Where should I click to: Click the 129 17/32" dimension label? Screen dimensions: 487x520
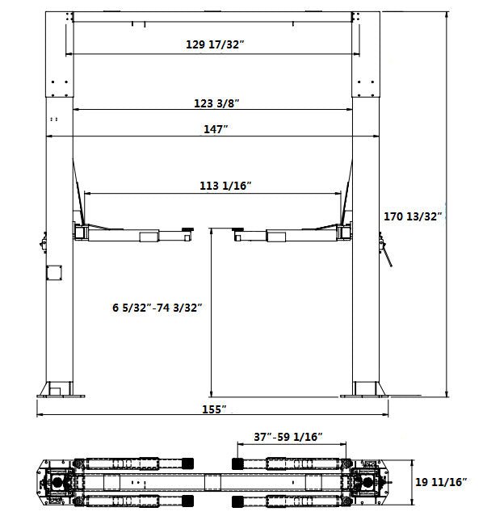[215, 44]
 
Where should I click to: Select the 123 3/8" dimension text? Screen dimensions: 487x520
[216, 103]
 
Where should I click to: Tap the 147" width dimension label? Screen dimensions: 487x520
[216, 129]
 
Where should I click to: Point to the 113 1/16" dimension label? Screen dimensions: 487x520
[225, 186]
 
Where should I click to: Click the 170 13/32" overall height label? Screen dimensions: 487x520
[413, 216]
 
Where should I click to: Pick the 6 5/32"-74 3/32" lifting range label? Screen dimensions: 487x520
[157, 308]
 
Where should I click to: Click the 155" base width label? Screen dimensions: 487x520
[214, 409]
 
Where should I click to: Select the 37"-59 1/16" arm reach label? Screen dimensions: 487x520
[288, 437]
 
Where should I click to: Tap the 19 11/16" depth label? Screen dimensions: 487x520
[441, 482]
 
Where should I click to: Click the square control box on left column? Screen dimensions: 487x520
[54, 273]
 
